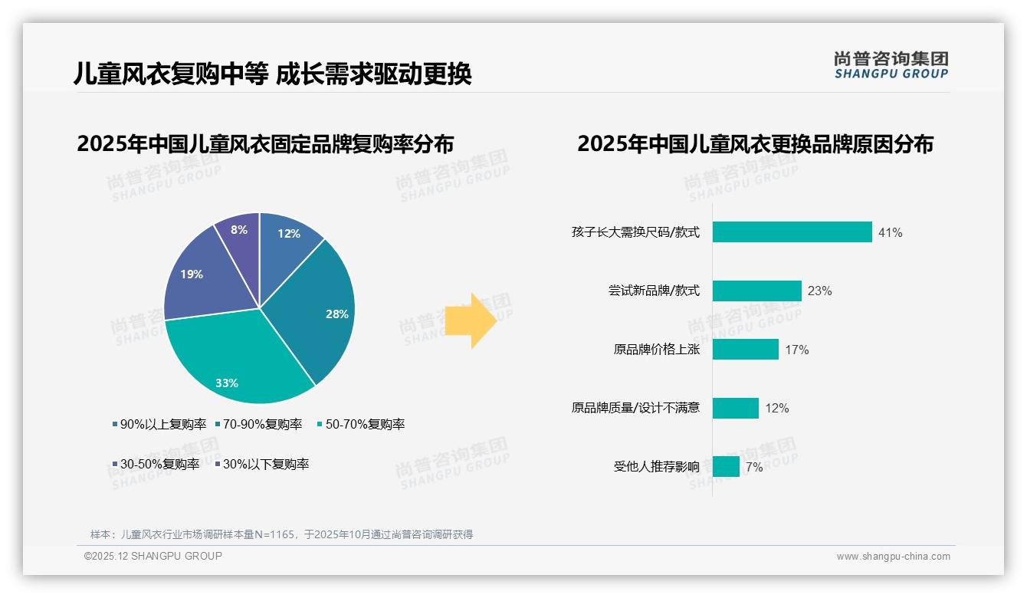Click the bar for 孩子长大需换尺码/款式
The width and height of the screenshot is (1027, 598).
click(792, 232)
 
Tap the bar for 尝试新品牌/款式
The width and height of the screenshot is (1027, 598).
click(756, 291)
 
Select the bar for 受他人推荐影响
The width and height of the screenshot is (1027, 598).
click(726, 466)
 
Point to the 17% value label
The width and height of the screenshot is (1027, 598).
click(796, 350)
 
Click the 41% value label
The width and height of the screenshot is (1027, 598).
click(890, 232)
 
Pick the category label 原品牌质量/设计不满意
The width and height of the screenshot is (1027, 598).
click(635, 408)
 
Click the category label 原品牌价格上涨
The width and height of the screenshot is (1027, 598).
click(656, 350)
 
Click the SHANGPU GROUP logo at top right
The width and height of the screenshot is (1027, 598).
click(891, 64)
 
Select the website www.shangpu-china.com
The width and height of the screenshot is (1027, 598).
click(893, 557)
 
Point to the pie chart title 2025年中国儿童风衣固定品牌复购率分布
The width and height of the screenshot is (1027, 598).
click(265, 143)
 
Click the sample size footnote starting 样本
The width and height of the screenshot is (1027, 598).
click(281, 534)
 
